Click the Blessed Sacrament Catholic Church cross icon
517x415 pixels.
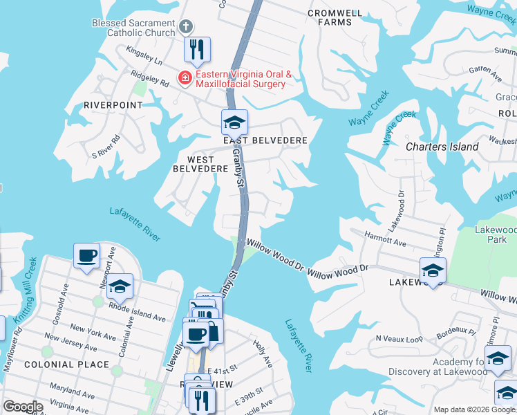click(x=185, y=27)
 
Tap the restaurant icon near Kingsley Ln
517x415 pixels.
click(x=197, y=50)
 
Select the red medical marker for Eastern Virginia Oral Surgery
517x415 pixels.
click(x=185, y=77)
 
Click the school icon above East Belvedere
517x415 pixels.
click(x=234, y=122)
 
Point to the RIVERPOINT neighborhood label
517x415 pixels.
click(x=113, y=105)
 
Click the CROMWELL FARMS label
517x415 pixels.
click(x=330, y=17)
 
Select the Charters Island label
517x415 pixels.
click(x=442, y=147)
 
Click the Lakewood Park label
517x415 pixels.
click(x=495, y=234)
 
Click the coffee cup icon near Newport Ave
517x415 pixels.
click(x=87, y=256)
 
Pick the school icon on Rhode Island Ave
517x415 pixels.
click(x=120, y=288)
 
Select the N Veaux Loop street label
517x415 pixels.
click(x=399, y=339)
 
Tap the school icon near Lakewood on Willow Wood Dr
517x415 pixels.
click(x=433, y=270)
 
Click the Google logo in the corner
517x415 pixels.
click(x=23, y=407)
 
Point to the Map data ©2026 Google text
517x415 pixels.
click(x=474, y=409)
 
